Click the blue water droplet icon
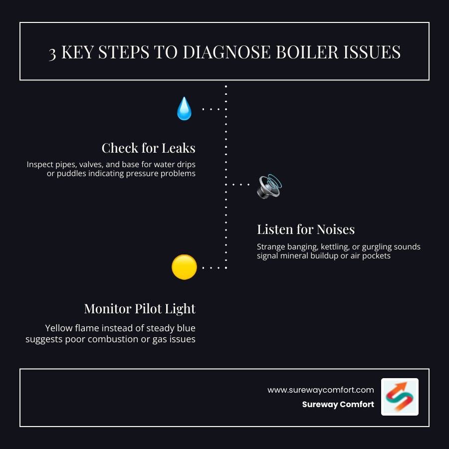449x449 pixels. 184,109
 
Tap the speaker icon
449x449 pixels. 269,186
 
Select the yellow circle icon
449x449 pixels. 184,267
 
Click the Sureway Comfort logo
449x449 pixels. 400,397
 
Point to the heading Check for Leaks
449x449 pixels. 148,148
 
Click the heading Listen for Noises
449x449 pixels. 306,229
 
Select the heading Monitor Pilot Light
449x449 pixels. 140,309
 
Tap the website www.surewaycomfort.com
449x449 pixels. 320,390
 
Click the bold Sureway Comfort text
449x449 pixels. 338,405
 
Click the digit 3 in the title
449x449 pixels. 52,53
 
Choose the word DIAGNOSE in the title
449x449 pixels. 225,53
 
